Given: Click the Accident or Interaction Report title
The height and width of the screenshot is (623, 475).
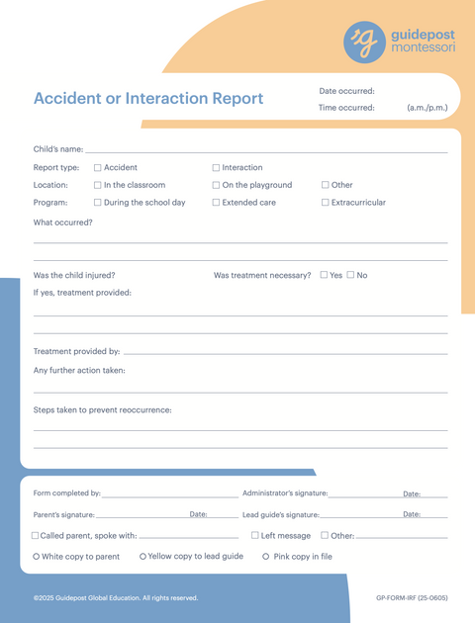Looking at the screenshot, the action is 148,99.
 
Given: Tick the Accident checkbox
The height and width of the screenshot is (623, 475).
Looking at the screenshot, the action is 97,168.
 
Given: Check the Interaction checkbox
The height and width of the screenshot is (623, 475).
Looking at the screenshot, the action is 217,168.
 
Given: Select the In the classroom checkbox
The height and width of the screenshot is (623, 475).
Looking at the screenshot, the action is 97,185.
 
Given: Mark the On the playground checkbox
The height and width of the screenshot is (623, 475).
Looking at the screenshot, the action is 217,185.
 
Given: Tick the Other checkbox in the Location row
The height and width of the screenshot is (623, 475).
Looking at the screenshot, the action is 325,185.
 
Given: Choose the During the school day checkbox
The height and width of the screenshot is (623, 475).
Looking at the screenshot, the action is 97,203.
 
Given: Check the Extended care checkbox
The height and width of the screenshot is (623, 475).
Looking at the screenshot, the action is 217,203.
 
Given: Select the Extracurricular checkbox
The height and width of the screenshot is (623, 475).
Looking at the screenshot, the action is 325,203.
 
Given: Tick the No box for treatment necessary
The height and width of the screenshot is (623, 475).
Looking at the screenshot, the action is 351,275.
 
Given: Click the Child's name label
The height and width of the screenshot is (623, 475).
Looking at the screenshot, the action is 57,149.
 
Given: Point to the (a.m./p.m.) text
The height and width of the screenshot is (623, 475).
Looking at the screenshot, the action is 427,108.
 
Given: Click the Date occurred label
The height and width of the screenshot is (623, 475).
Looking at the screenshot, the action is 346,91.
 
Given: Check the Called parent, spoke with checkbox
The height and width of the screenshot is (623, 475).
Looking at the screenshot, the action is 36,536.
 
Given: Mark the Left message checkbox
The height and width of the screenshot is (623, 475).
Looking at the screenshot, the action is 255,536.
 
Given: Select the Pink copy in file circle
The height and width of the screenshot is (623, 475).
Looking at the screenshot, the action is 266,557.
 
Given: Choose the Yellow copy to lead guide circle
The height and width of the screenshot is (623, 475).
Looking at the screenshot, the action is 143,557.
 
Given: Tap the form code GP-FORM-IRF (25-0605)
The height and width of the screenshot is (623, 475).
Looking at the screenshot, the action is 412,598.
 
